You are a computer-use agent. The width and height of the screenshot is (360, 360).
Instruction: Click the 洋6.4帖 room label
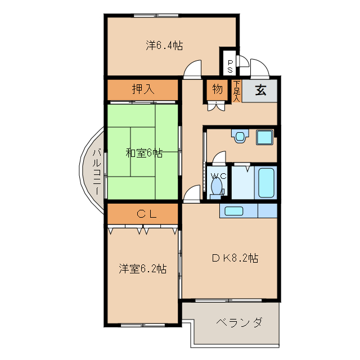pos(164,46)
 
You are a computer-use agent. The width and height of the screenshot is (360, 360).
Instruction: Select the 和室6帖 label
pos(144,152)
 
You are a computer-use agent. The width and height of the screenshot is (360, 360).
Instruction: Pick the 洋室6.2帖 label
pos(142,268)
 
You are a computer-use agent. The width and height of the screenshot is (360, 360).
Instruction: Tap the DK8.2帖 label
pos(235,258)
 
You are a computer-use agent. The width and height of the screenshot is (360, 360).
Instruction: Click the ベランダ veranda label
pos(239,323)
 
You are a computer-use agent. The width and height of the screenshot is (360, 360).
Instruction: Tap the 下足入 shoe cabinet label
pos(237,91)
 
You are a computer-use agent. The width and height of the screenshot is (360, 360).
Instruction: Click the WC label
pos(218,176)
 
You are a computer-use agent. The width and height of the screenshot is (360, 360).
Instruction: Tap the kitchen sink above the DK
pos(233,211)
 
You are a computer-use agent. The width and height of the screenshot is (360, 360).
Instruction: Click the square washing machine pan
pos(264,137)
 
